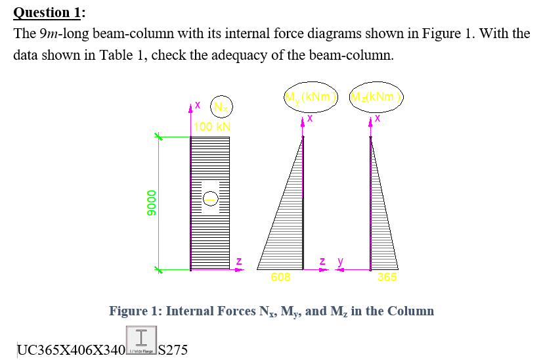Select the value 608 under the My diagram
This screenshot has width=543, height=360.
pyautogui.click(x=281, y=277)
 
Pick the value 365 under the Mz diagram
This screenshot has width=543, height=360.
pyautogui.click(x=387, y=277)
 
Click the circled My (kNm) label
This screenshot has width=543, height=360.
pyautogui.click(x=310, y=97)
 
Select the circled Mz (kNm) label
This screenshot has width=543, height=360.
pyautogui.click(x=377, y=97)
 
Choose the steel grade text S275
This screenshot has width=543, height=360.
pyautogui.click(x=173, y=349)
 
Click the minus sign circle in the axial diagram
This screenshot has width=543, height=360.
pyautogui.click(x=210, y=197)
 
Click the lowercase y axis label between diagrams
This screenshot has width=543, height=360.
pyautogui.click(x=340, y=261)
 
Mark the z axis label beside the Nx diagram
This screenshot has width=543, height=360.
pyautogui.click(x=238, y=261)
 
